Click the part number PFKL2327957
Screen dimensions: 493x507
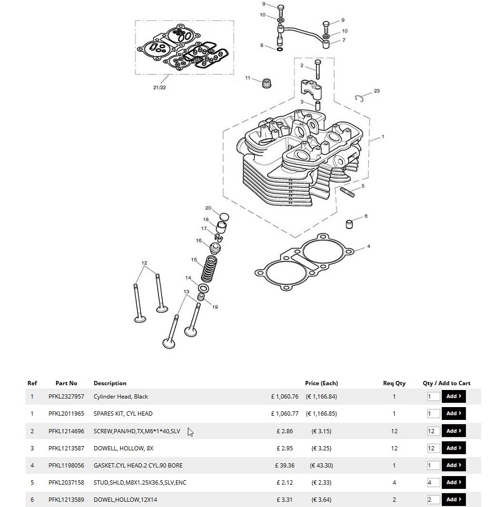tap(66, 396)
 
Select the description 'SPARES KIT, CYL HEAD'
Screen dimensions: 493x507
tap(123, 414)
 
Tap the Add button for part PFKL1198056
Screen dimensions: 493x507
tap(454, 465)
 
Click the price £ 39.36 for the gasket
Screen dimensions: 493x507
tap(285, 465)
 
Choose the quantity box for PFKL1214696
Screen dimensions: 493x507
tap(433, 431)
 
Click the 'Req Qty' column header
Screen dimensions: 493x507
tap(394, 383)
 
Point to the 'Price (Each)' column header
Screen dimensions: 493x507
tap(322, 383)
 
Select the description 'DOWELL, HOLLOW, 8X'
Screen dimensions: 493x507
tap(123, 448)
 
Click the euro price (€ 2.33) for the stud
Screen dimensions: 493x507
tap(322, 482)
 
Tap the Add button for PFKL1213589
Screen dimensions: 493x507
tap(454, 500)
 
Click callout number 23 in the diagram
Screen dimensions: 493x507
tap(377, 91)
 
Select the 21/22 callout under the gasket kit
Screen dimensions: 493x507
tap(160, 87)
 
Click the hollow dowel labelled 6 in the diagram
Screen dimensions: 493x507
tap(349, 224)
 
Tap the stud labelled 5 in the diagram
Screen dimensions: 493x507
tap(347, 192)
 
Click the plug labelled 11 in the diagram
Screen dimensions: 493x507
tap(266, 83)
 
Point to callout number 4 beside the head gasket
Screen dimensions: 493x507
tap(368, 246)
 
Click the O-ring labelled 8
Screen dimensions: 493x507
tap(280, 50)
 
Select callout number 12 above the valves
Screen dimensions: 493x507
tap(144, 263)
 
